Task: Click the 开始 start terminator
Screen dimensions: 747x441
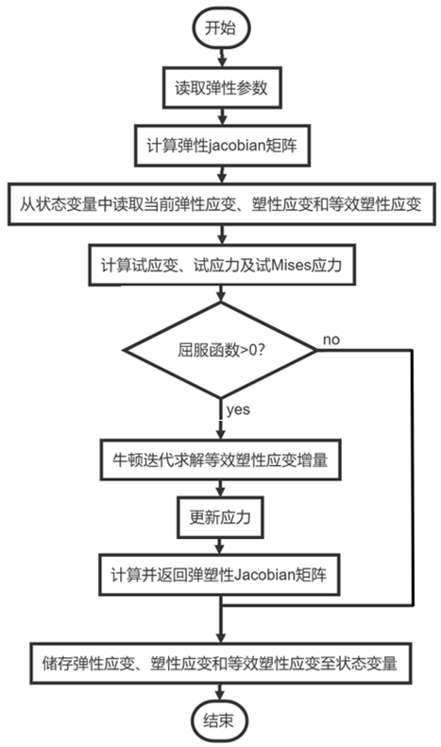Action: coord(220,27)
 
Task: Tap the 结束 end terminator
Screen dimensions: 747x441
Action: coord(220,720)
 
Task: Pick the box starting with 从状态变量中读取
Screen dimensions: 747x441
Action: coord(220,205)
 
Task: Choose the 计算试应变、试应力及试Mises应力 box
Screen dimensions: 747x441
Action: coord(220,267)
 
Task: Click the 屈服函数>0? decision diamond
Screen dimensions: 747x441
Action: coord(220,350)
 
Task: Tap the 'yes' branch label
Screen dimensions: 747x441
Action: coord(238,408)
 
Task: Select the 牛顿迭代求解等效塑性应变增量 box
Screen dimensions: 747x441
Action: coord(220,463)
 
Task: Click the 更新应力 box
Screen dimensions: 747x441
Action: coord(220,518)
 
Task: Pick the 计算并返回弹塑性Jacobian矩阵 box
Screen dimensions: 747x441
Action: coord(220,572)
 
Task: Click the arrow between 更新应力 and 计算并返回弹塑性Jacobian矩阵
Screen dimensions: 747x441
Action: coord(220,545)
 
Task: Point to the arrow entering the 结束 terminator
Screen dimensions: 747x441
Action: coord(220,692)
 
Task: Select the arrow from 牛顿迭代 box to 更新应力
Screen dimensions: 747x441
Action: coord(220,491)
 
